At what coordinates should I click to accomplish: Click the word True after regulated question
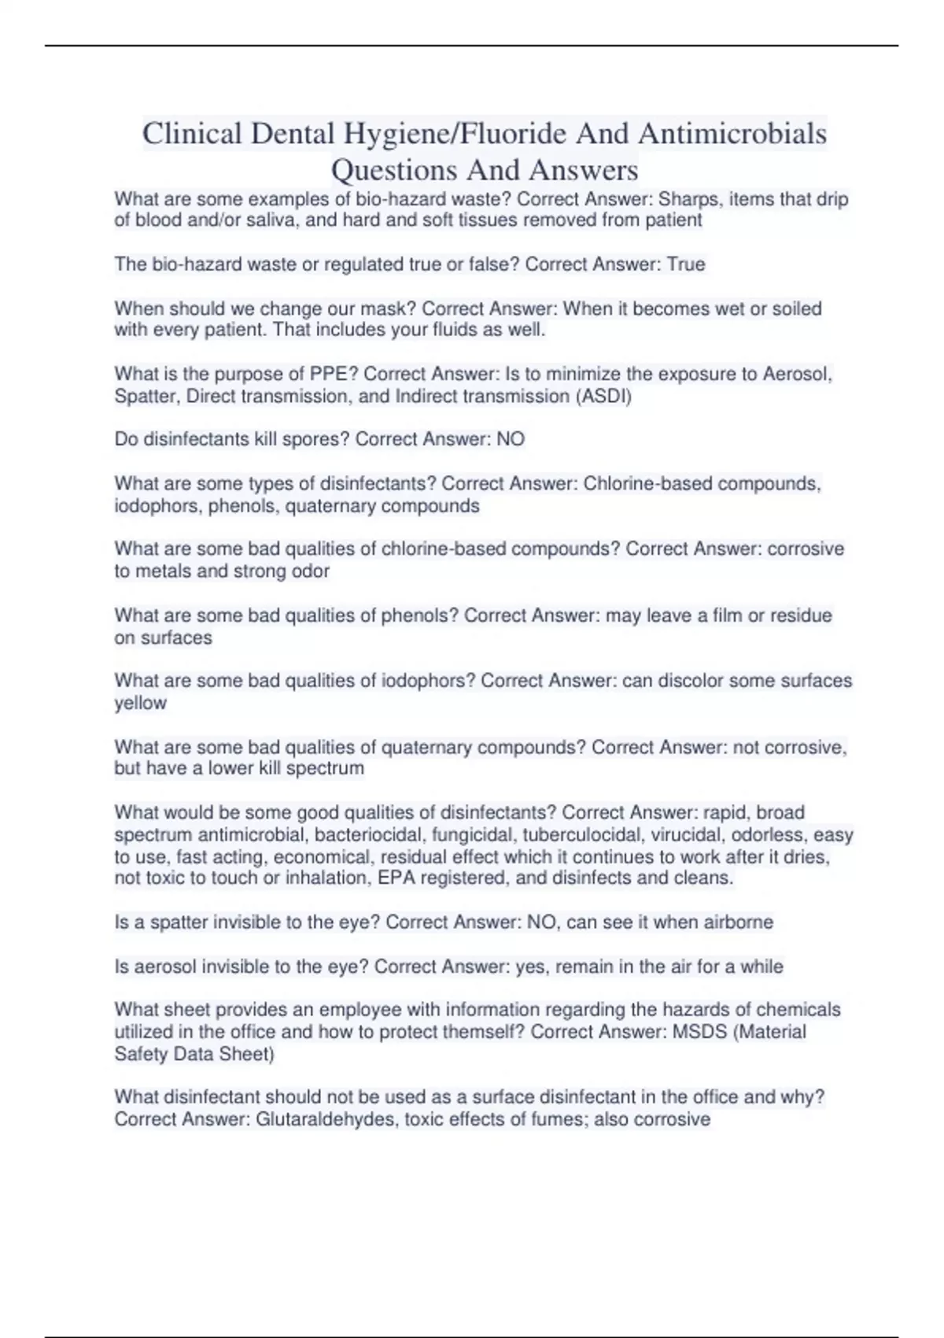point(686,264)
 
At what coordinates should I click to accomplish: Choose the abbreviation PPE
point(330,374)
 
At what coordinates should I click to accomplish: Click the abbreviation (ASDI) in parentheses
point(604,396)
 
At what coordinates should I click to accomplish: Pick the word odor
point(310,571)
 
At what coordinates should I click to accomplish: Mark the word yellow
point(141,703)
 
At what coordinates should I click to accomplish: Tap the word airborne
point(738,922)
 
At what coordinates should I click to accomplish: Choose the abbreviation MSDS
point(699,1032)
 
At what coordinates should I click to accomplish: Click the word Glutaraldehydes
point(329,1120)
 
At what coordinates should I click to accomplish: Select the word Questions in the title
point(394,170)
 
